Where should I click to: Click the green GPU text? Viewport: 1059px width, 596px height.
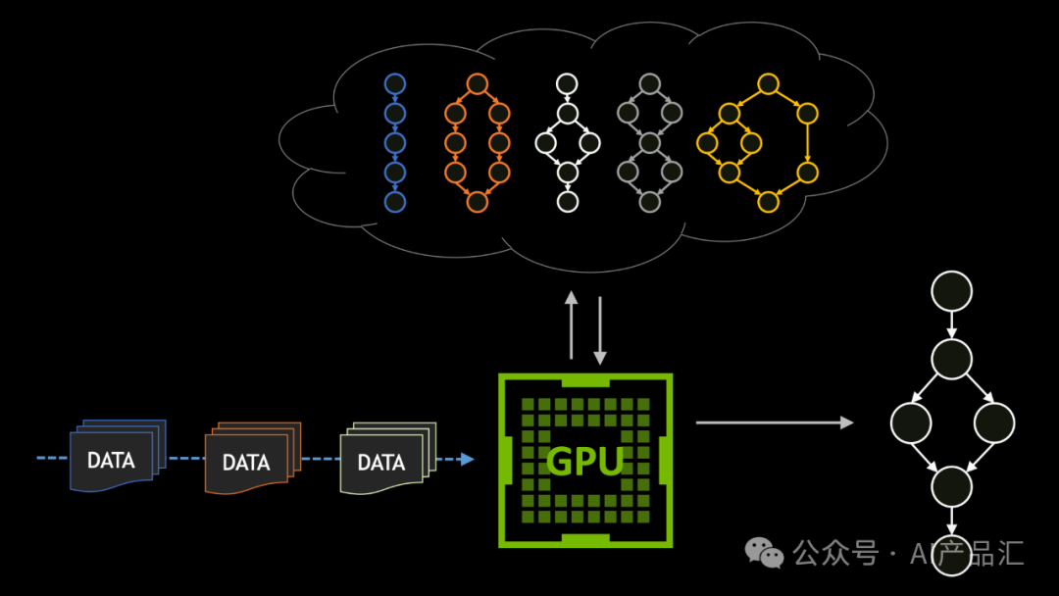584,462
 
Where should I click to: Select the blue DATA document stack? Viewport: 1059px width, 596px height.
118,456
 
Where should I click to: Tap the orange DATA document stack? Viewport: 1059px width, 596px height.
253,458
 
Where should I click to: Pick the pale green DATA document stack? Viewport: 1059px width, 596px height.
387,458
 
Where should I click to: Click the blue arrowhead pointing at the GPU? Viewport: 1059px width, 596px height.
468,459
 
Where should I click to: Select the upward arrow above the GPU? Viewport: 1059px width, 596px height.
572,325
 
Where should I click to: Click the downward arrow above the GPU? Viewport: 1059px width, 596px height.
600,330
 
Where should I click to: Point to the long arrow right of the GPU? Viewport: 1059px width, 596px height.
775,422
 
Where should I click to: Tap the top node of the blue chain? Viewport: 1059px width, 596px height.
395,83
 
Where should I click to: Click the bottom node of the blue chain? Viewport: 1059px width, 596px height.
395,202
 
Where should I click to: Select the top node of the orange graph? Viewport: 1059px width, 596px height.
477,83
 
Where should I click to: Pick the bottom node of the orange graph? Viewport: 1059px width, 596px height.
477,202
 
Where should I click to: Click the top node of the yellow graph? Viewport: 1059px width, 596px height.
768,83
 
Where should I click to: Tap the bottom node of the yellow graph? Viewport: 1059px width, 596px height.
768,202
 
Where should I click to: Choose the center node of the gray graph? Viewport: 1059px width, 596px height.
650,143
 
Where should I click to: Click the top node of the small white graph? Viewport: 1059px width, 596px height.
567,83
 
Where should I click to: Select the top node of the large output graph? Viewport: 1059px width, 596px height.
951,291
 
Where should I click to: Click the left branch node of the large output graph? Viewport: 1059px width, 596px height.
911,423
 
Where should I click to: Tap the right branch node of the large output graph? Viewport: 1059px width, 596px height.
994,423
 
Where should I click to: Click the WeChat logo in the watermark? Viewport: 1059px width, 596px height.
764,553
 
